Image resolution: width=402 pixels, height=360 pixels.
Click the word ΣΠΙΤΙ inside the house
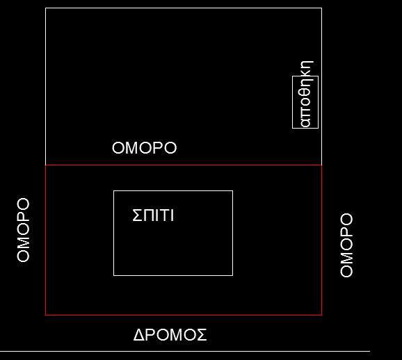click(x=153, y=215)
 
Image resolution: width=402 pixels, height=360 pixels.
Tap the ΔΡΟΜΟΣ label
click(x=170, y=335)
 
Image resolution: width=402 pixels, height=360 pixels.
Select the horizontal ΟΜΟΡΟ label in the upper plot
click(x=145, y=148)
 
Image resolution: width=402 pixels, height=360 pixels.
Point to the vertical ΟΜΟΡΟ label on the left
click(x=23, y=230)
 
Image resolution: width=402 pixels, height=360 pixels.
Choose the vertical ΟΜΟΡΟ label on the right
click(x=346, y=245)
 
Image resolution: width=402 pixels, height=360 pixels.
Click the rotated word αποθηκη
click(x=307, y=94)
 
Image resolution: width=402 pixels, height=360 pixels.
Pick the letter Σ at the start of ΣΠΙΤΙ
click(x=137, y=215)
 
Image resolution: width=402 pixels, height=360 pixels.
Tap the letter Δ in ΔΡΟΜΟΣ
click(x=139, y=335)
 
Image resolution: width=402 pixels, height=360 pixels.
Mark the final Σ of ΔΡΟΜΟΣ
click(x=202, y=335)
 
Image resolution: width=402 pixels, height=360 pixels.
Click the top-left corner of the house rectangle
click(x=113, y=191)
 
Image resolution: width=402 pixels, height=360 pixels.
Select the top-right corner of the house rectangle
click(x=233, y=191)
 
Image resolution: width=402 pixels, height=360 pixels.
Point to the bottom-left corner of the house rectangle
click(x=113, y=275)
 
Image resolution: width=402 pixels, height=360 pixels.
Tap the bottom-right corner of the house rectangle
click(x=233, y=275)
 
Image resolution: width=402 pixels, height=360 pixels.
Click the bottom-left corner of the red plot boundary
click(x=46, y=315)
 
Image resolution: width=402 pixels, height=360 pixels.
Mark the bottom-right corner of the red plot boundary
click(x=321, y=315)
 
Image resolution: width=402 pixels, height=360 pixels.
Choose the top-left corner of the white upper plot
click(x=46, y=8)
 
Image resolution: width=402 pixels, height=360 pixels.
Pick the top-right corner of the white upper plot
click(x=321, y=8)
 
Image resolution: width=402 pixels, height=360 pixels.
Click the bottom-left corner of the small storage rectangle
click(x=293, y=128)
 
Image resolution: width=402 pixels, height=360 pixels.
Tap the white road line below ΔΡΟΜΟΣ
click(x=185, y=351)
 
